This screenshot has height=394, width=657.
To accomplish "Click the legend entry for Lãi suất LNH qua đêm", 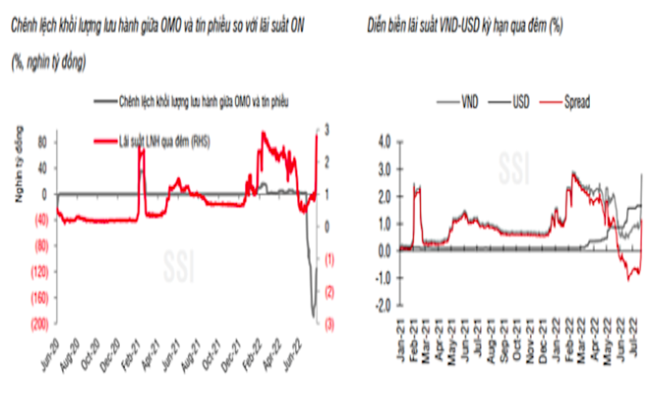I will pyautogui.click(x=165, y=142).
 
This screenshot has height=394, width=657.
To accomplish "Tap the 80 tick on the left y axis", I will pyautogui.click(x=43, y=142).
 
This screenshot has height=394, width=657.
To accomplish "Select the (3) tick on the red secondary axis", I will pyautogui.click(x=328, y=323).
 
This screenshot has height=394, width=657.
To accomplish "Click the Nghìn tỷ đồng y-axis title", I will pyautogui.click(x=20, y=163).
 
